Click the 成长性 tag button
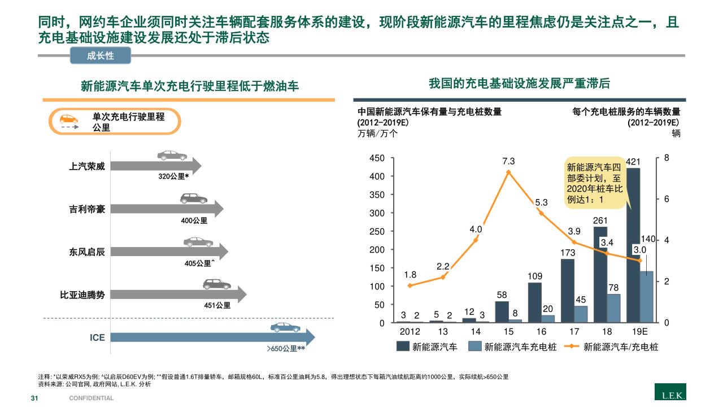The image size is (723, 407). pos(100,55)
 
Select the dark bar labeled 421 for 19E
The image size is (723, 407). pos(633,243)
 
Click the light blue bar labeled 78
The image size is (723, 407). pos(614,308)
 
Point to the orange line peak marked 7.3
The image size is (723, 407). pos(508,172)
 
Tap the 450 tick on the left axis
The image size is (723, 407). pos(377,158)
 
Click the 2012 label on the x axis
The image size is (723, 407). pos(410,331)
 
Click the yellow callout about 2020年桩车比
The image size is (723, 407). pos(594,184)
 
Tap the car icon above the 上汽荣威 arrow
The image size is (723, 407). pos(171,155)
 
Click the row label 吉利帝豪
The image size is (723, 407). pos(87,209)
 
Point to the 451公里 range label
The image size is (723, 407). pos(217,305)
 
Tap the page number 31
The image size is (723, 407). pos(34,398)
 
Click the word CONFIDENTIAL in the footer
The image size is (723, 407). pos(92,398)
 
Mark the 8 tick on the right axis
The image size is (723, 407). pos(667,158)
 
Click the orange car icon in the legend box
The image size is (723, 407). pos(69,119)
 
